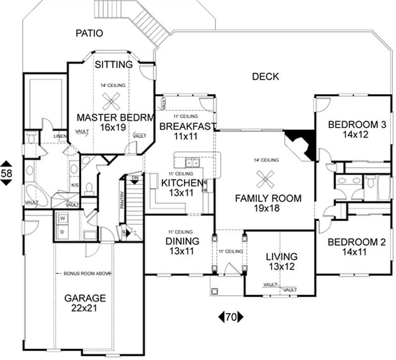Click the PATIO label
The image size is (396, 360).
[90, 34]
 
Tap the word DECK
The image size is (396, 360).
[265, 77]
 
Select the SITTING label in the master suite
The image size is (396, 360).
[114, 64]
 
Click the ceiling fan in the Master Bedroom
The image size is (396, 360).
[110, 101]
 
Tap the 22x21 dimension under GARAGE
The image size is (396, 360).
[84, 309]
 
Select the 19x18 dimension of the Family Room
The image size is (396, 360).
[267, 209]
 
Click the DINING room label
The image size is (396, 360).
[183, 241]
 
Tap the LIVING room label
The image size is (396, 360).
[281, 257]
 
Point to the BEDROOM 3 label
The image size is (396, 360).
[357, 125]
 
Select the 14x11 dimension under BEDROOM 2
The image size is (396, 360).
[356, 252]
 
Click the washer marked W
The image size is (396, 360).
[63, 218]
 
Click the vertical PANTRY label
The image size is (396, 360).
[121, 204]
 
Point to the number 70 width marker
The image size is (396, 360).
[230, 317]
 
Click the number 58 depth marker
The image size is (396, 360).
[7, 173]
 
